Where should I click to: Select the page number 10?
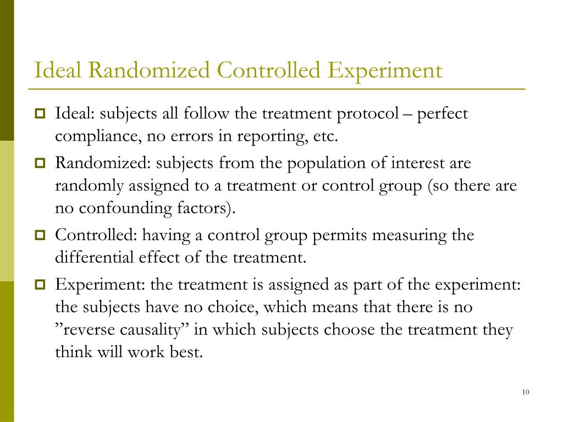click(525, 392)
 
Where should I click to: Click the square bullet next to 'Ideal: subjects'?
click(41, 114)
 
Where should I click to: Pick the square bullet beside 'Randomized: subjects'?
click(41, 163)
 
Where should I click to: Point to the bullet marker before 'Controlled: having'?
click(41, 236)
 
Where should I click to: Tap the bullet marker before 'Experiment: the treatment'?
click(41, 285)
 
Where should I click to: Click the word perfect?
click(443, 115)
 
